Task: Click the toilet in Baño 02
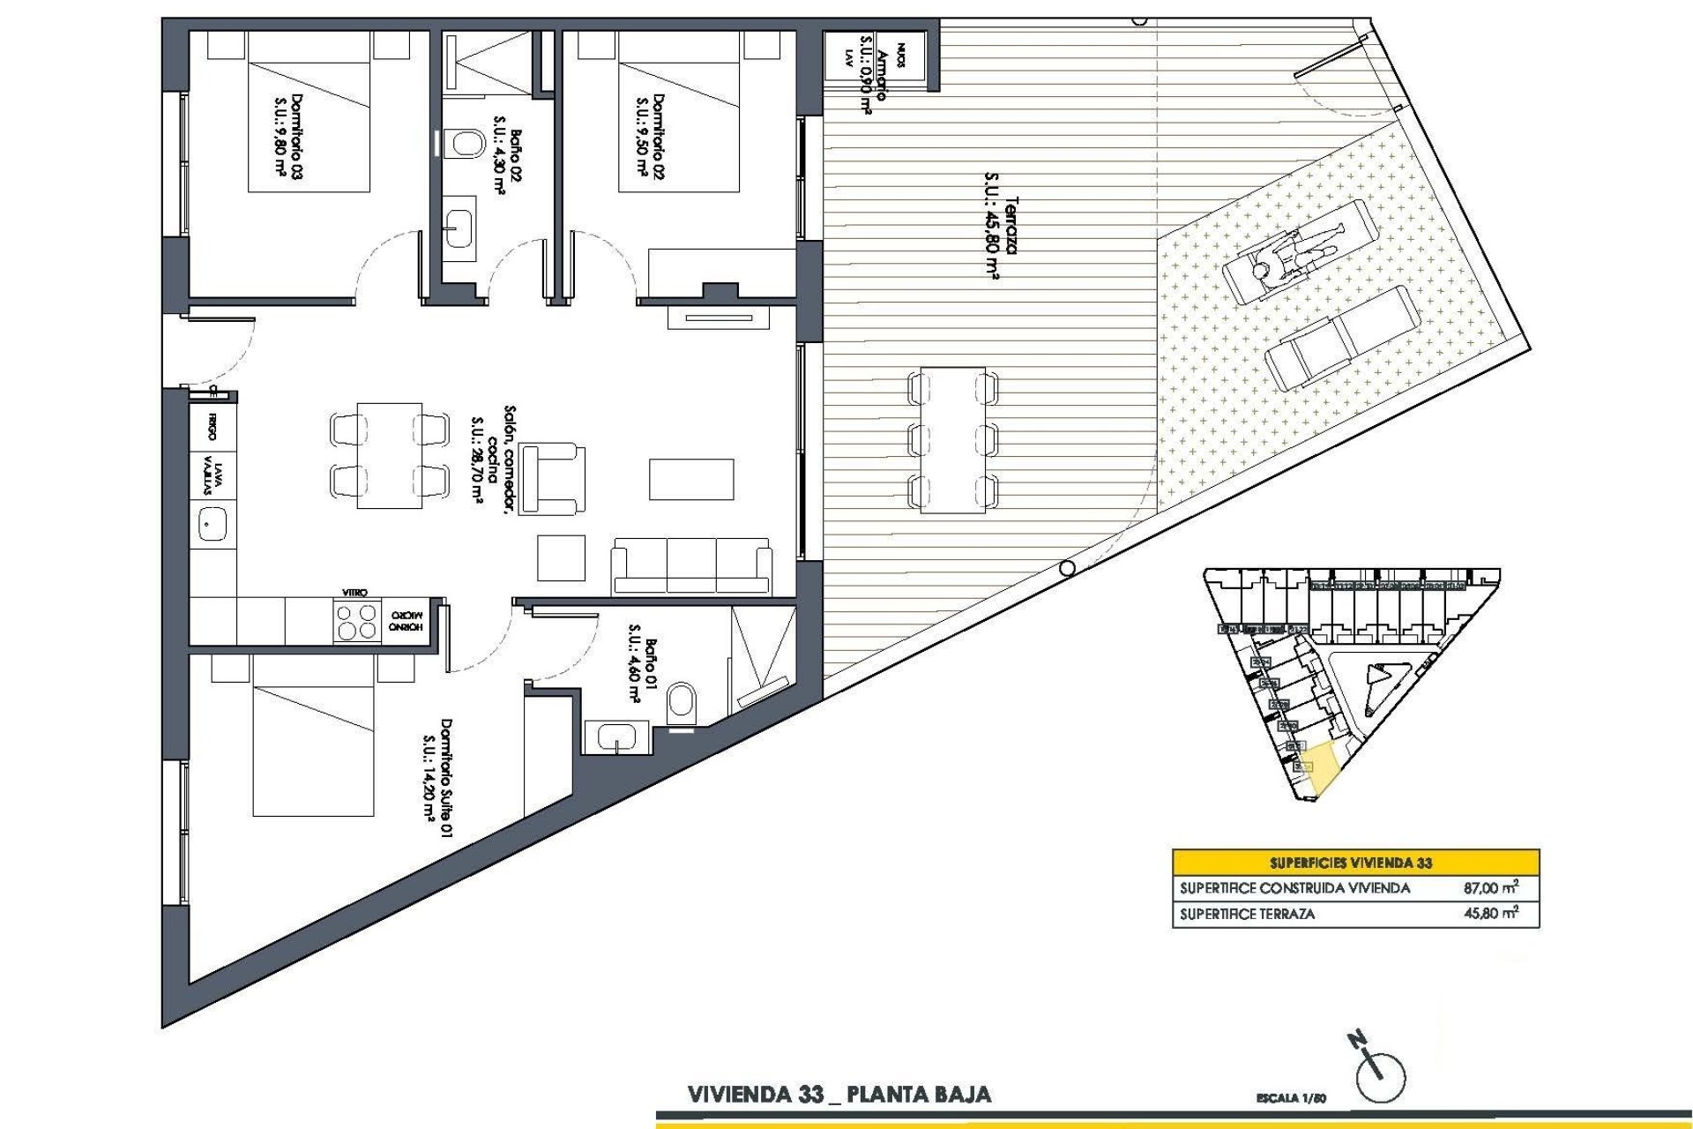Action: click(465, 143)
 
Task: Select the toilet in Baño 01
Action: click(681, 703)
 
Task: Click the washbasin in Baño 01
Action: click(616, 736)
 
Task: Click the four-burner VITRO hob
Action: click(356, 621)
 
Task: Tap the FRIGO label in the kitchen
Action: click(213, 426)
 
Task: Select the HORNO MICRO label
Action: click(406, 620)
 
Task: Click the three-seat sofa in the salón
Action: click(691, 564)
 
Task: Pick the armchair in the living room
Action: click(552, 478)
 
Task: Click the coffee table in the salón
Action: click(691, 479)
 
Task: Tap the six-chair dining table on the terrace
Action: click(952, 439)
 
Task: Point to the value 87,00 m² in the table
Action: click(1490, 888)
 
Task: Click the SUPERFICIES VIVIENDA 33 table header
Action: click(1355, 863)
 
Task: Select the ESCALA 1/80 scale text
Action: click(1291, 1098)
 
